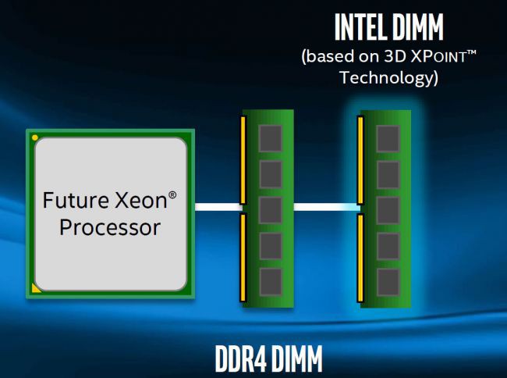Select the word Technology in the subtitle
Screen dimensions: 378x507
[388, 78]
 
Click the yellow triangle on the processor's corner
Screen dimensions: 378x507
[35, 288]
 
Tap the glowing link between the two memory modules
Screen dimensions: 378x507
[326, 208]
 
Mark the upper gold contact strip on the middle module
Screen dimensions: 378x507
[243, 159]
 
